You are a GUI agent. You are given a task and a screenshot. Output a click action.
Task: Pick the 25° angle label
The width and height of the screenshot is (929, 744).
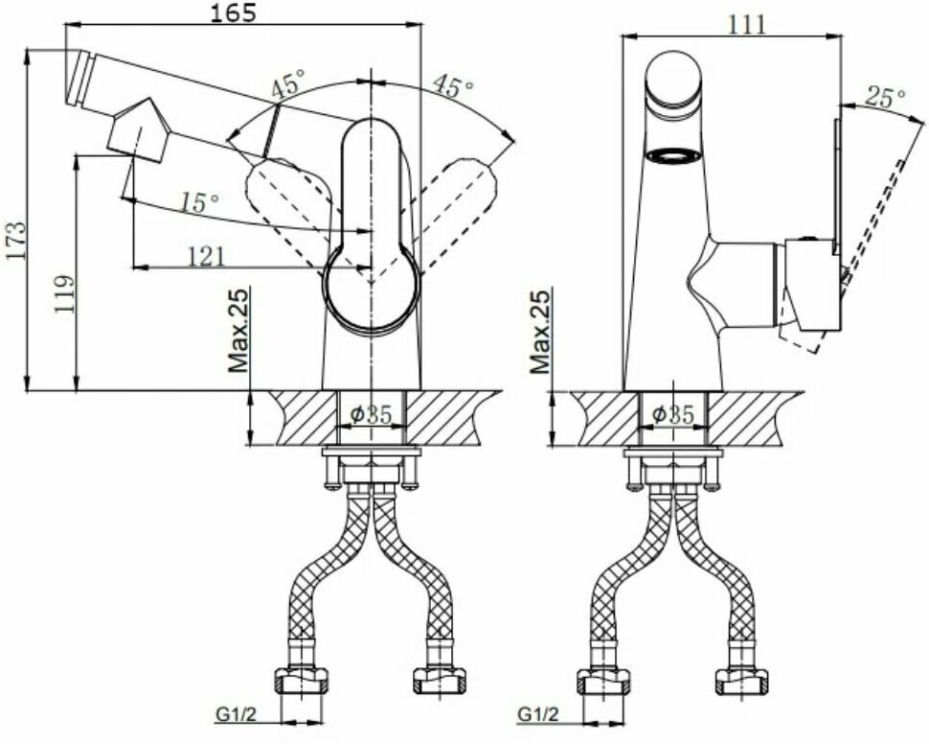[885, 97]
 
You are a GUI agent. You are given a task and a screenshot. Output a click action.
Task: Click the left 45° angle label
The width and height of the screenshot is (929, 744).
[286, 85]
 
